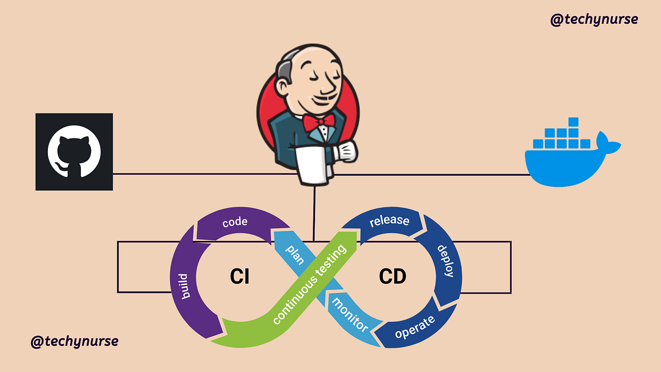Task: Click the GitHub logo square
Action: (74, 152)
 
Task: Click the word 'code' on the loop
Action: (235, 223)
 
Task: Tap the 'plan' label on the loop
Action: (295, 255)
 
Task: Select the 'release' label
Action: (389, 221)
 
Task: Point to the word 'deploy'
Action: (445, 261)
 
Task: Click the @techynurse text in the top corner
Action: (594, 19)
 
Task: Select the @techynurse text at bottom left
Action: (74, 341)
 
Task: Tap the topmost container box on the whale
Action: (573, 122)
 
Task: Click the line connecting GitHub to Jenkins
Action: (193, 174)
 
